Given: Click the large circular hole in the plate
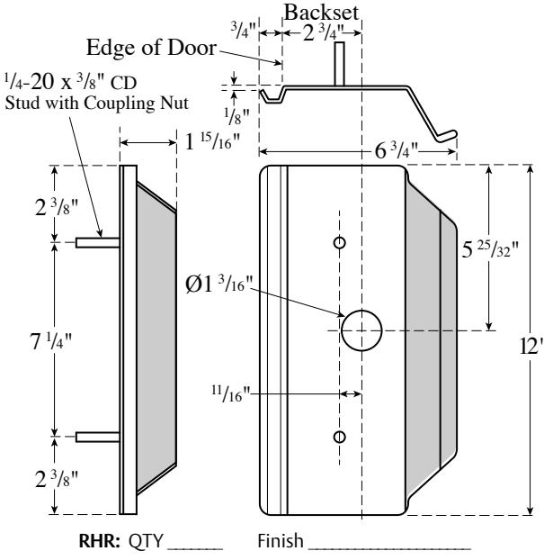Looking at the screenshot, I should coord(361,329).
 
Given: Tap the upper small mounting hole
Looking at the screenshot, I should coord(339,242).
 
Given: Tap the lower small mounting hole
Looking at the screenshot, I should coord(339,437).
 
